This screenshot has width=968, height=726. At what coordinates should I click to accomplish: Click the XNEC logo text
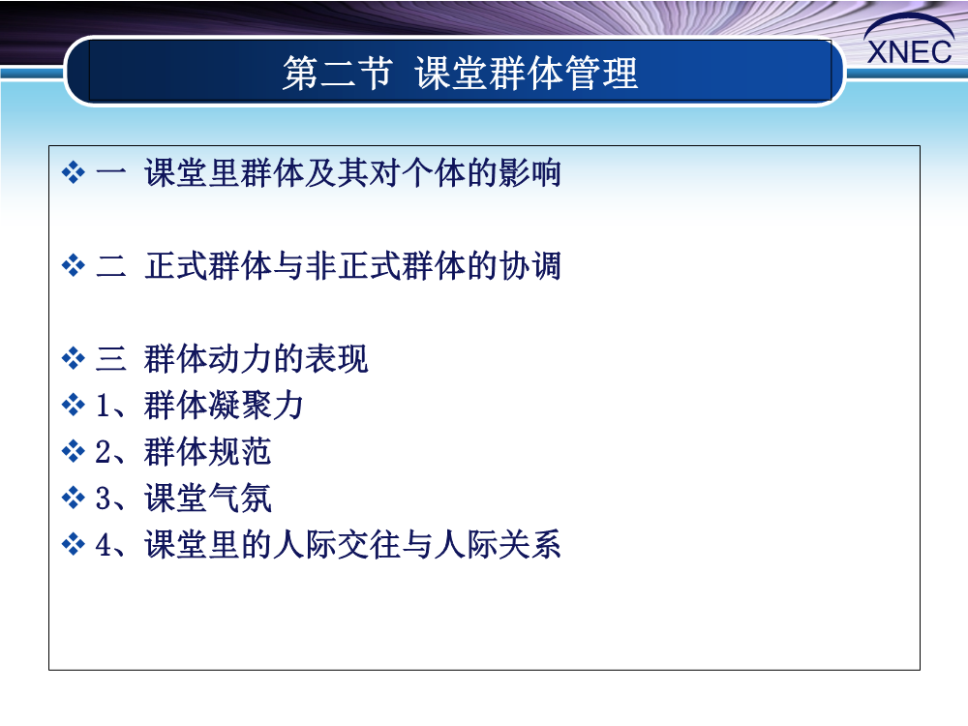tap(909, 52)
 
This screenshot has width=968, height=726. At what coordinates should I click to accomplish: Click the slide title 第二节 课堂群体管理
tap(460, 73)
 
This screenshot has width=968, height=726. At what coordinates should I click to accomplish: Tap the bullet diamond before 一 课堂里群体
tap(74, 172)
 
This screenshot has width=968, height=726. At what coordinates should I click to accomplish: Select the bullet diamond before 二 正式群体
tap(74, 266)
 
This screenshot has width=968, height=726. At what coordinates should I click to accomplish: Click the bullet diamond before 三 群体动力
tap(74, 358)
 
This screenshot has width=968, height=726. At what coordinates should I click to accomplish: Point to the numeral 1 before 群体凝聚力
tap(104, 406)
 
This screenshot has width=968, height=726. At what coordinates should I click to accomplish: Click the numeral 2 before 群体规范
tap(104, 452)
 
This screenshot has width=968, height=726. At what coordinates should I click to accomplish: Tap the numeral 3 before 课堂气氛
tap(104, 499)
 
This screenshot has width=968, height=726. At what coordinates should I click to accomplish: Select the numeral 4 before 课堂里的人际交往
tap(104, 544)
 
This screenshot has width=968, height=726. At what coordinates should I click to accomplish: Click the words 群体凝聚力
tap(224, 406)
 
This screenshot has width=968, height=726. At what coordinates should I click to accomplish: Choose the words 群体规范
tap(207, 452)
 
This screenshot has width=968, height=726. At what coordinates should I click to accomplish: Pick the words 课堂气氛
tap(207, 499)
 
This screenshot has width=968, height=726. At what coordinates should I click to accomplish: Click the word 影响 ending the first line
tap(529, 172)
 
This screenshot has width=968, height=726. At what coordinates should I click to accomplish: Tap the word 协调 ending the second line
tap(529, 266)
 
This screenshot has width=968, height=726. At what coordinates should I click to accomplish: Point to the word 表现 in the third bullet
tap(337, 358)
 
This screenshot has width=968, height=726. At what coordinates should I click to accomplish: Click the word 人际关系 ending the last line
tap(498, 544)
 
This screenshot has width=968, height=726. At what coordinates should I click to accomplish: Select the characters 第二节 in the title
tap(338, 73)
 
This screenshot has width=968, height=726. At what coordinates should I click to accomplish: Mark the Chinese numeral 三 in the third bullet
tap(111, 358)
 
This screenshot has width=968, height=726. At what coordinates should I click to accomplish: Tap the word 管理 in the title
tap(601, 73)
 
